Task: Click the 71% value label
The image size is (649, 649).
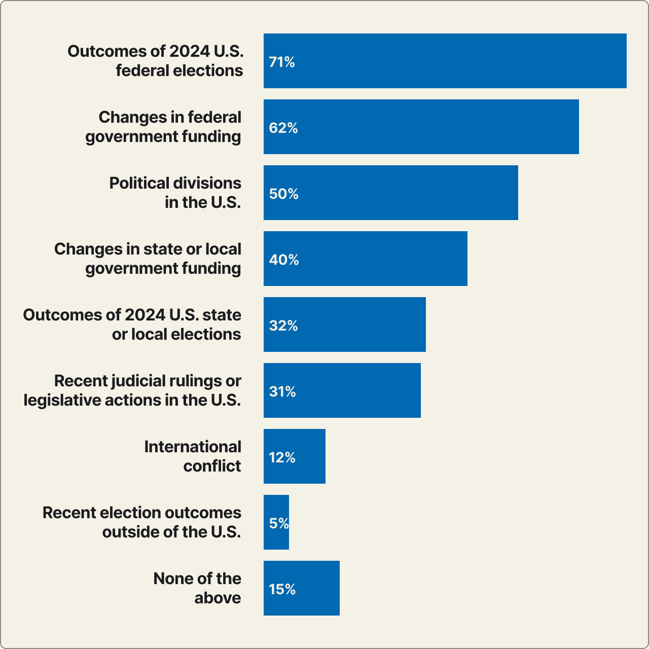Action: (282, 62)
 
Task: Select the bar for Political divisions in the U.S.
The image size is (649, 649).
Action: (390, 193)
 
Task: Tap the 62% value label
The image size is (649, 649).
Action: (283, 128)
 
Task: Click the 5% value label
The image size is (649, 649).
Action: (279, 523)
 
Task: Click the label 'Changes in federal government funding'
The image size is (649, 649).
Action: (163, 127)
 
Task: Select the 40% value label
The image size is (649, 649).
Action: (284, 260)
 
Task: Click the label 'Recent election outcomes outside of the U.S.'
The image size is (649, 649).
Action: (142, 522)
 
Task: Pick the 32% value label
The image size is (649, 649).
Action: (283, 326)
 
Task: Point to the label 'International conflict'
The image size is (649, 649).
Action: (193, 456)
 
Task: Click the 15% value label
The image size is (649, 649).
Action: (282, 589)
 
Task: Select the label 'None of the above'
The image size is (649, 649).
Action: (198, 588)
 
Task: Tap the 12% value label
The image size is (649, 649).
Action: (282, 457)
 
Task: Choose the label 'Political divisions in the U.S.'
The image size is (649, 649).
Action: (175, 193)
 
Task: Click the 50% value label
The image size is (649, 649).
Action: (284, 194)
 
